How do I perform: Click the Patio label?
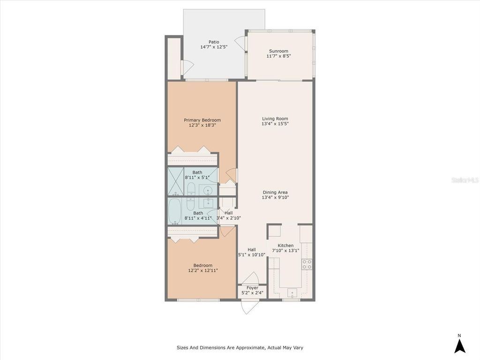[214, 42]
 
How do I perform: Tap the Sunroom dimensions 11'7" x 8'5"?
[278, 56]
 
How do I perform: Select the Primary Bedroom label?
[202, 120]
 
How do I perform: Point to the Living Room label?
[275, 119]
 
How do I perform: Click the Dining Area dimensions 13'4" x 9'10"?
[275, 198]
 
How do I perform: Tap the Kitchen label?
[285, 246]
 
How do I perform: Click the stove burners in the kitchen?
[307, 264]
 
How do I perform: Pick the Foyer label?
[252, 288]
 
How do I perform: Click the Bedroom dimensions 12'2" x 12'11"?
[202, 270]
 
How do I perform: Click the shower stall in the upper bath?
[176, 181]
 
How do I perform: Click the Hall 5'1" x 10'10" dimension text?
[252, 255]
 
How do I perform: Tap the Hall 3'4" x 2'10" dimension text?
[228, 218]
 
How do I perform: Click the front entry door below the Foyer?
[248, 307]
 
